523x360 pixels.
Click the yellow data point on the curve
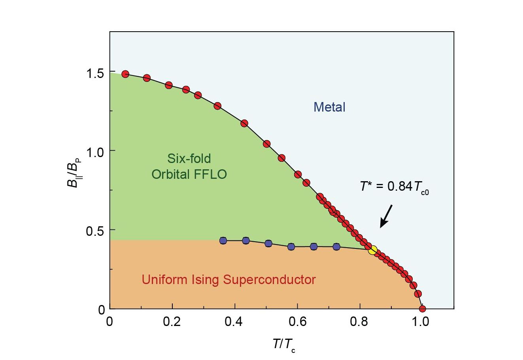(372, 250)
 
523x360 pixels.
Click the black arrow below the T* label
(386, 216)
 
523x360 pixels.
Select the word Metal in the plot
(329, 107)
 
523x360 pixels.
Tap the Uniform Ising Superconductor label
(228, 280)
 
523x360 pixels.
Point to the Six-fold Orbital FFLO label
(189, 166)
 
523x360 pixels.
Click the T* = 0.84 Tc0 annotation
(394, 187)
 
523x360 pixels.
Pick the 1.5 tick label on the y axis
(95, 73)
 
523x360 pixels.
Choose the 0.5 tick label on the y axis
(95, 230)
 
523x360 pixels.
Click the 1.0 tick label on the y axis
(95, 152)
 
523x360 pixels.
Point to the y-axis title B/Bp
(74, 171)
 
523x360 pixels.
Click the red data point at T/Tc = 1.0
(422, 309)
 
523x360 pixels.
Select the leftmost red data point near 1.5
(125, 74)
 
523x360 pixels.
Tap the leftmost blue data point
(223, 241)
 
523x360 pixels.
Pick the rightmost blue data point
(336, 246)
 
